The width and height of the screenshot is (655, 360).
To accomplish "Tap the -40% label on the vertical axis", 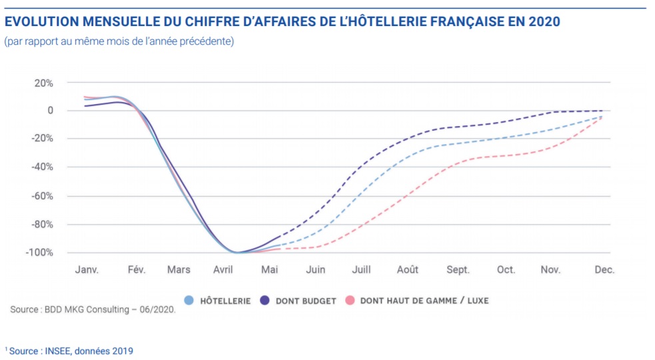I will coord(41,167).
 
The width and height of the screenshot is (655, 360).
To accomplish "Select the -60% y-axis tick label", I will coord(41,196).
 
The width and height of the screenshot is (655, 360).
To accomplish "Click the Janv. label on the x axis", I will coord(87,270).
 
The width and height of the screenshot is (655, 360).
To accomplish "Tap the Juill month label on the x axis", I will coord(360,270).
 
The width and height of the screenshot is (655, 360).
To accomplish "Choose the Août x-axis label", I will coord(408,270).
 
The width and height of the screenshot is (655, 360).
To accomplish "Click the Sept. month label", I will coord(458,270).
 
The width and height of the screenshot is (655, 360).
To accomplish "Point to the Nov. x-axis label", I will coord(550,270).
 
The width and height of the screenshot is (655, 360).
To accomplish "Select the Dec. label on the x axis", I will coord(604,270).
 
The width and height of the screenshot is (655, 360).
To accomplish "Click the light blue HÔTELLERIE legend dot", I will coord(189,301).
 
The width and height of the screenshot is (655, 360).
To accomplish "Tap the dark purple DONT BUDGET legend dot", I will coord(265,301).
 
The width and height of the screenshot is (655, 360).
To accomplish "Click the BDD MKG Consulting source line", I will coord(93,310).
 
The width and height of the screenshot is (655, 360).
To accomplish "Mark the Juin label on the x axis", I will coord(315,270).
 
